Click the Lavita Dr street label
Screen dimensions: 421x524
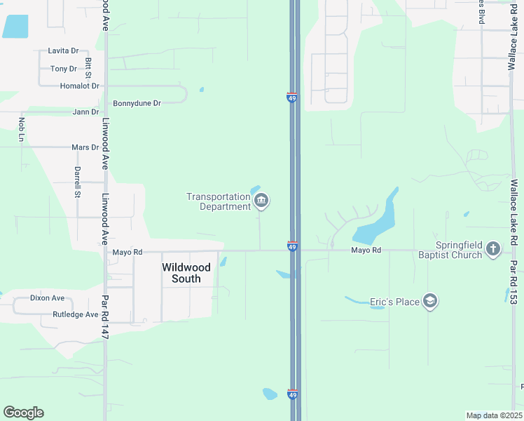(x=63, y=51)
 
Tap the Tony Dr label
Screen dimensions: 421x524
(x=64, y=69)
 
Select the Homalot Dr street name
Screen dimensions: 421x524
(x=79, y=86)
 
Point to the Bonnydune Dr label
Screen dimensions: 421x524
(x=137, y=103)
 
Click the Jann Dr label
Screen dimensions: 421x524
(x=85, y=112)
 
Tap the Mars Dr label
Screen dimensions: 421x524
(x=85, y=147)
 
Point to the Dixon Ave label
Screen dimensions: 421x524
(x=47, y=298)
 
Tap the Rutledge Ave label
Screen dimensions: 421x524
(x=75, y=314)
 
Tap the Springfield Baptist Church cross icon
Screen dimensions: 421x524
(x=493, y=248)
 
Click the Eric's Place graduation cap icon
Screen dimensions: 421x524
(x=431, y=302)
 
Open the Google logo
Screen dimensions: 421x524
(x=23, y=413)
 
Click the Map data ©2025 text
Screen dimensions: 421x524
(x=494, y=415)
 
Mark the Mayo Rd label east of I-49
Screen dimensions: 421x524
(x=366, y=250)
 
